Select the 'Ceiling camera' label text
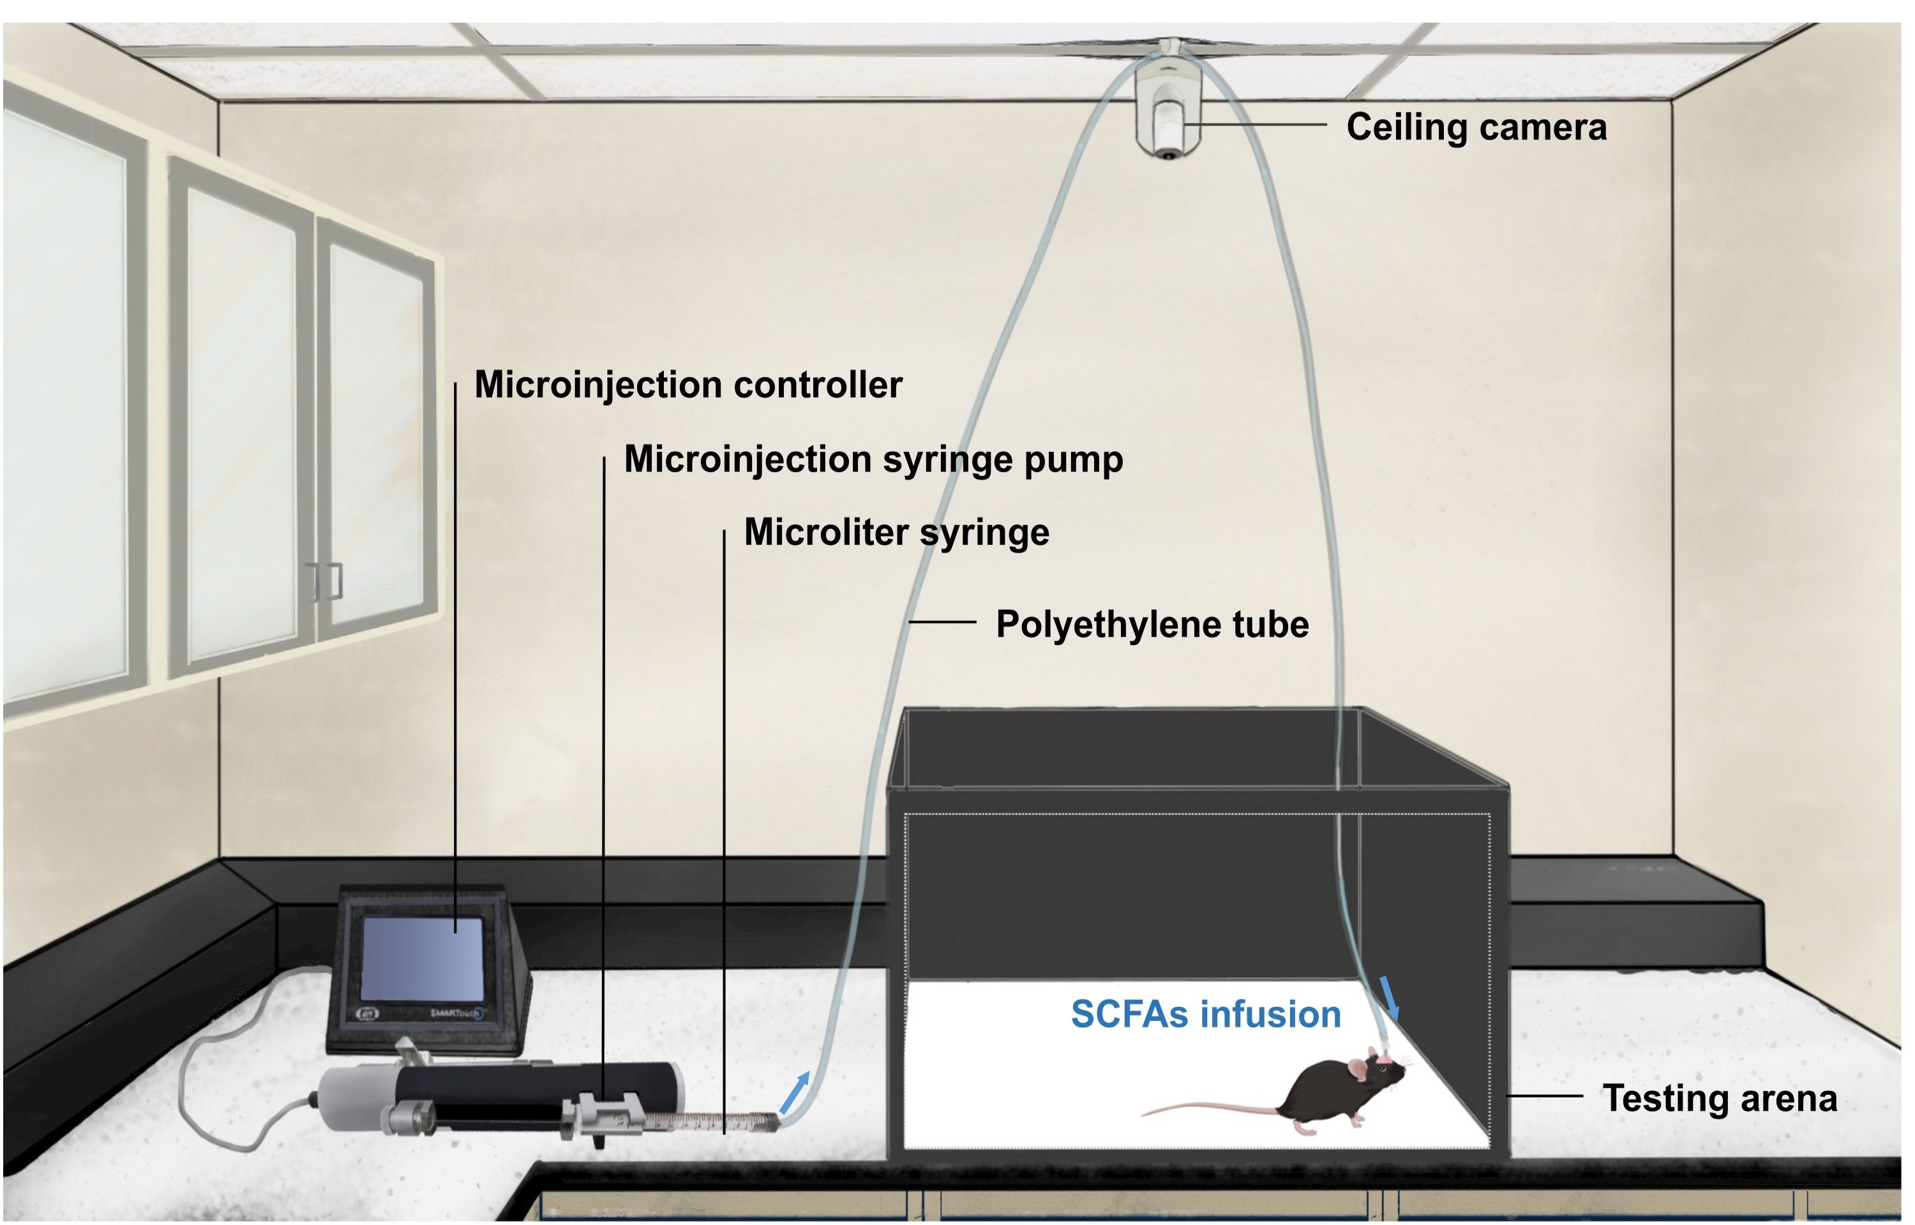tap(1476, 127)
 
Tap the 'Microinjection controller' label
tap(688, 385)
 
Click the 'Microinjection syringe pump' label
tap(873, 460)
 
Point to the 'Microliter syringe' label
tap(896, 533)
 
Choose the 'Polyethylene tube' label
tap(1151, 625)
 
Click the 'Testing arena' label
tap(1719, 1099)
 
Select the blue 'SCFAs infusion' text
tap(1205, 1015)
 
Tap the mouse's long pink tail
tap(1209, 1106)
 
